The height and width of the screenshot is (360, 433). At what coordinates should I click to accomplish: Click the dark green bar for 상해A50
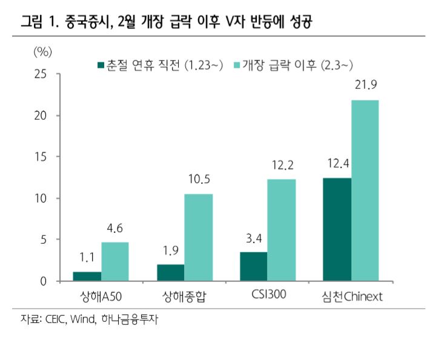pyautogui.click(x=87, y=277)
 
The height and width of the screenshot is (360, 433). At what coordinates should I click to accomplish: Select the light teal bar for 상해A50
pyautogui.click(x=115, y=262)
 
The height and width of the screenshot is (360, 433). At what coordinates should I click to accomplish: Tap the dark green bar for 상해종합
pyautogui.click(x=170, y=273)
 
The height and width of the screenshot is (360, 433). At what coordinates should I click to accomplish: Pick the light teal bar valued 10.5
pyautogui.click(x=199, y=238)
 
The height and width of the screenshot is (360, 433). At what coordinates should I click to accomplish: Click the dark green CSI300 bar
pyautogui.click(x=254, y=267)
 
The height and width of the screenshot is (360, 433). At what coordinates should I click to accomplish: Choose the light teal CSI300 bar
pyautogui.click(x=282, y=231)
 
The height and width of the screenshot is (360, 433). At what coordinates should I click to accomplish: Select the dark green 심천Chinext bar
pyautogui.click(x=337, y=229)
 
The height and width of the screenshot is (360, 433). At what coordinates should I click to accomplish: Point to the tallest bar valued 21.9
pyautogui.click(x=365, y=191)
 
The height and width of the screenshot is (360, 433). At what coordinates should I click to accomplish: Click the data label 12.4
pyautogui.click(x=337, y=165)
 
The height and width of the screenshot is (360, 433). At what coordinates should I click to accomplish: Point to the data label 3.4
pyautogui.click(x=254, y=240)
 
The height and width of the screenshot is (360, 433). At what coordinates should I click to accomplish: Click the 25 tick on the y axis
pyautogui.click(x=41, y=74)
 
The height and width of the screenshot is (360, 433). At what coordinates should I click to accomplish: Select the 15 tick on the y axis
pyautogui.click(x=41, y=157)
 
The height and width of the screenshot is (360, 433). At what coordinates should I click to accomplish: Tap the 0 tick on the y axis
pyautogui.click(x=44, y=281)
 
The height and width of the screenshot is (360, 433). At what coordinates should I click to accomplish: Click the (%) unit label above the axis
pyautogui.click(x=42, y=51)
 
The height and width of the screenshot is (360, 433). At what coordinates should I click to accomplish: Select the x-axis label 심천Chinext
pyautogui.click(x=351, y=296)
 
